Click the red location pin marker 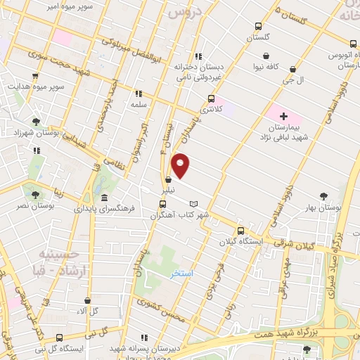[181, 166]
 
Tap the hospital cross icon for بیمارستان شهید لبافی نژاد [283, 116]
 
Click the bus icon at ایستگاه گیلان [240, 231]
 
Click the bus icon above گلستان [258, 28]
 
